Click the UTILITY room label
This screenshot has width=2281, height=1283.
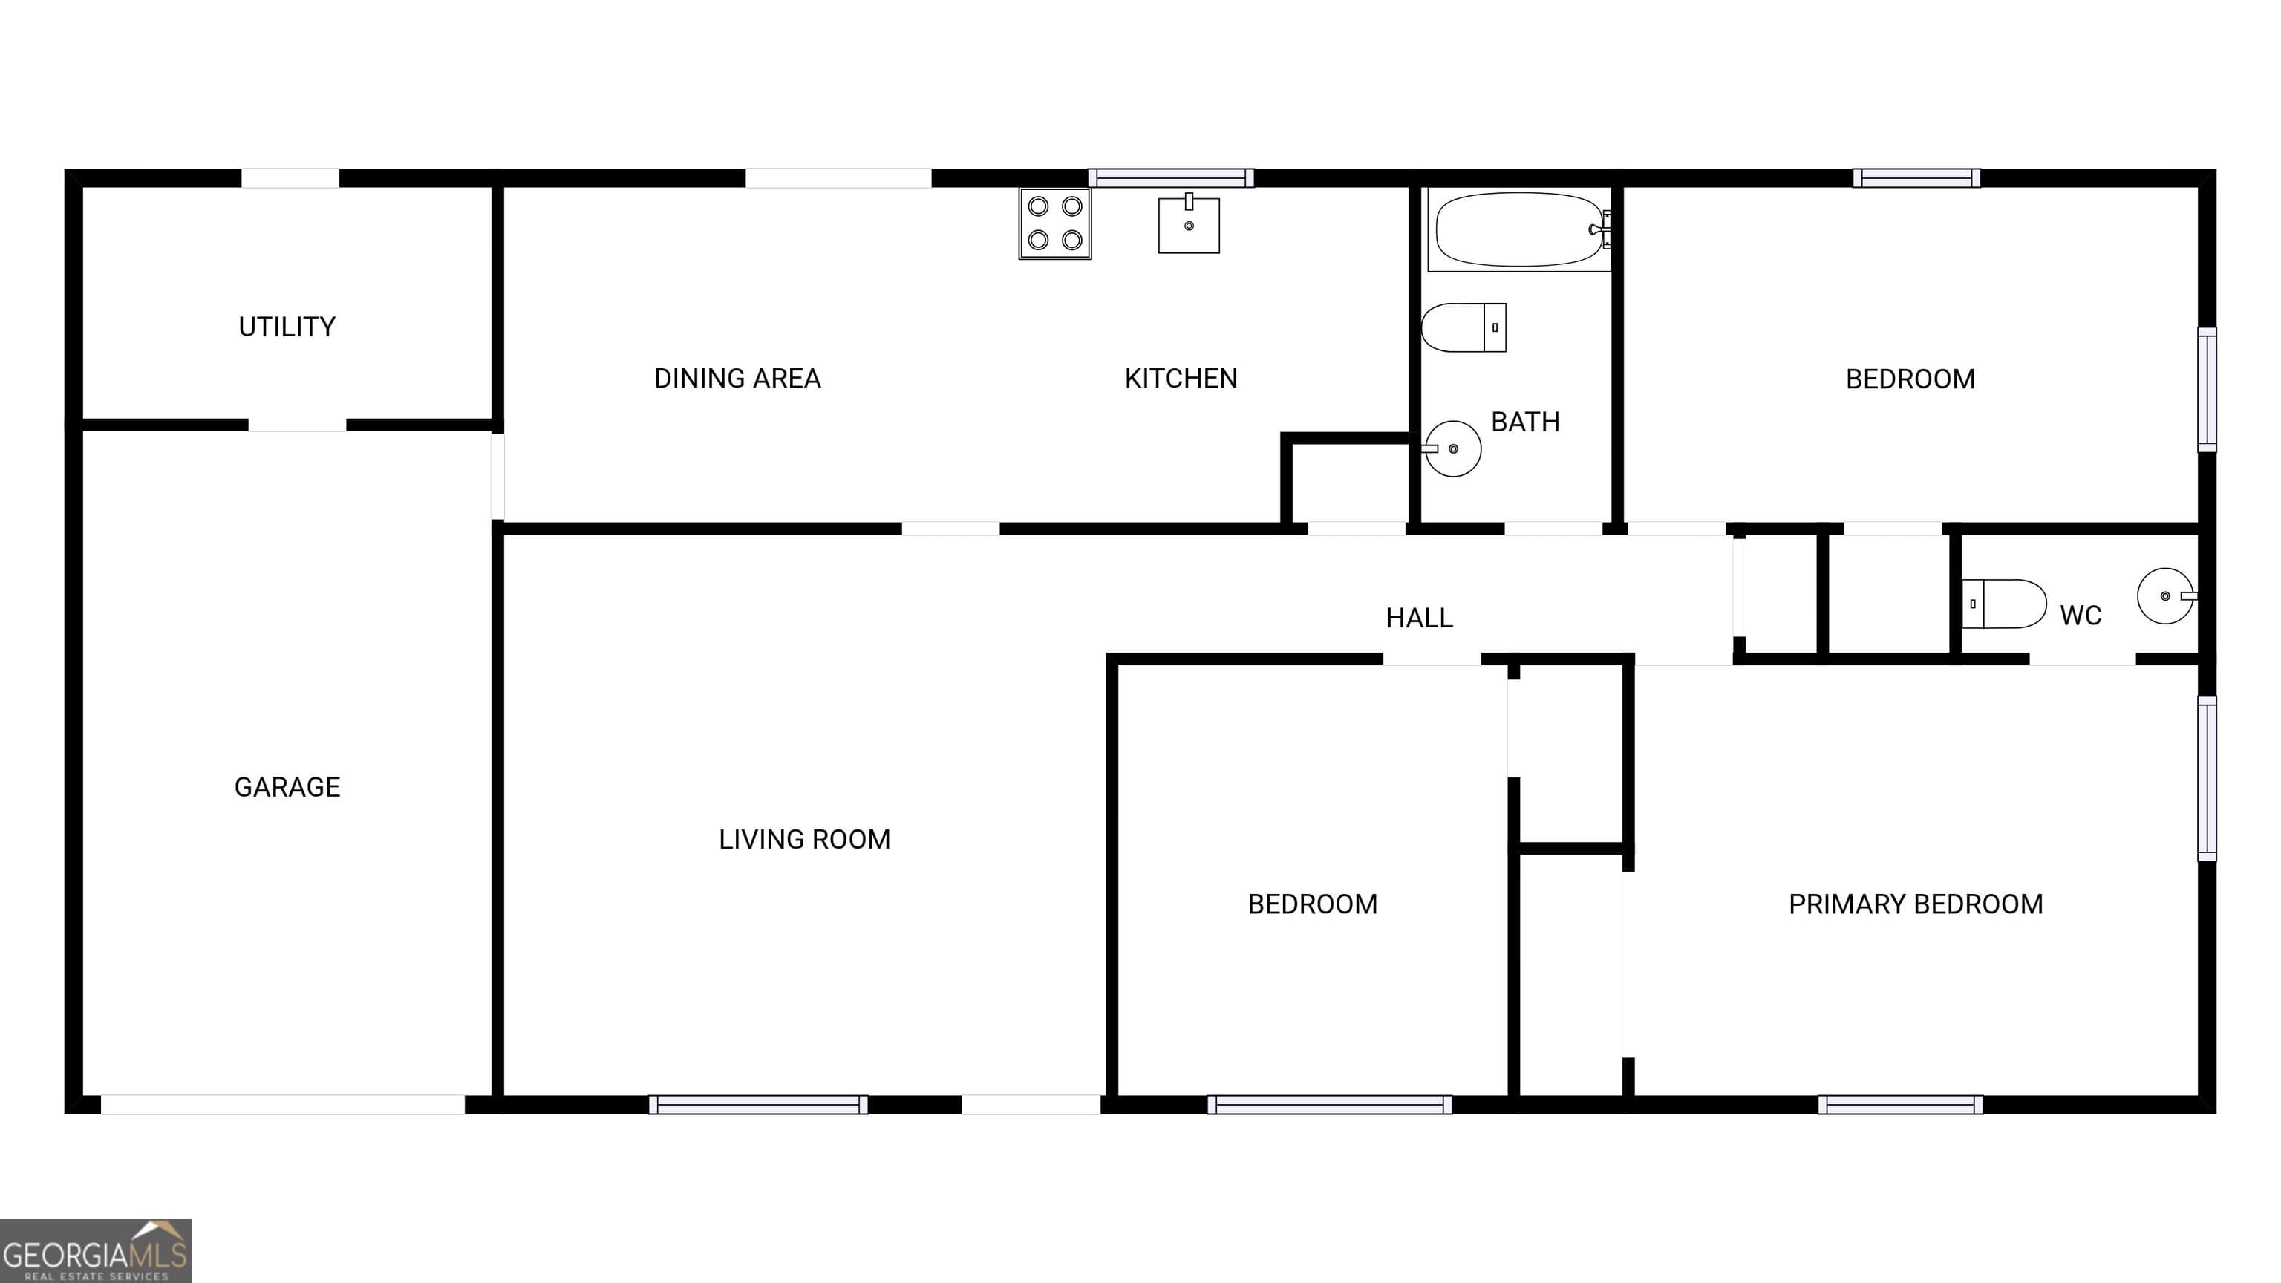click(287, 327)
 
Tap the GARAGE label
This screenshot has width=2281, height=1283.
click(287, 787)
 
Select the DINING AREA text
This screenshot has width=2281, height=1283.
click(737, 379)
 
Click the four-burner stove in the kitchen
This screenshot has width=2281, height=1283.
click(1054, 223)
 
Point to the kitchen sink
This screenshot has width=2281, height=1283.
click(1188, 225)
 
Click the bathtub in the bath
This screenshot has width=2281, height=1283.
click(1518, 230)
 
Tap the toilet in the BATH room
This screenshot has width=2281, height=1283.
click(1463, 327)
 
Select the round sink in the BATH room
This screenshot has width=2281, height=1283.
click(1452, 449)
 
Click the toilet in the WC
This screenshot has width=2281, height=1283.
click(2003, 604)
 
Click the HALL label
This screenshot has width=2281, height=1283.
click(1418, 618)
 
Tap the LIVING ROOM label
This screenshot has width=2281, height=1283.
click(804, 840)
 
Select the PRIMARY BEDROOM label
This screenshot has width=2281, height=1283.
click(1915, 904)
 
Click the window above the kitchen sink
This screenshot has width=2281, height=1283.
click(1171, 178)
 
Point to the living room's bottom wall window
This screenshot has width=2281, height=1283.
click(758, 1104)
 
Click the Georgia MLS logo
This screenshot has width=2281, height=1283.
click(96, 1250)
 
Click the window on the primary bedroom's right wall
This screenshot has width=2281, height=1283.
click(2207, 777)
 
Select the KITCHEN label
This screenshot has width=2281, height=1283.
click(1181, 379)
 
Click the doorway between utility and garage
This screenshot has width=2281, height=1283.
click(297, 425)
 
